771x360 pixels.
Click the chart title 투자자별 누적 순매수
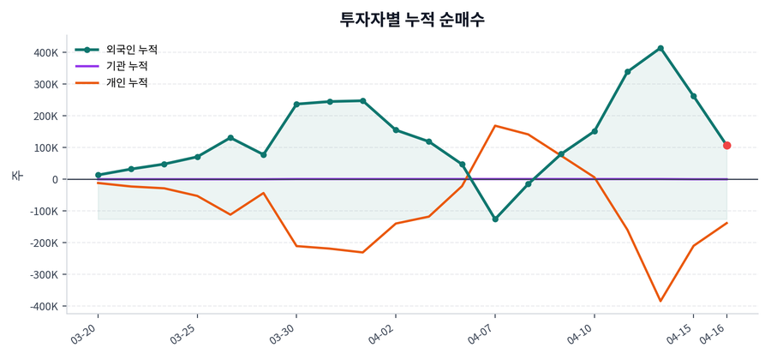412,19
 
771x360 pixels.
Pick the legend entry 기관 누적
126,66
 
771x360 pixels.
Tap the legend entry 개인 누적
126,83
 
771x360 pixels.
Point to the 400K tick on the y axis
45,52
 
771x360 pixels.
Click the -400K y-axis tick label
44,306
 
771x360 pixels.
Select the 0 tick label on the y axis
54,179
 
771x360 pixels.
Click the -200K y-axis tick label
44,243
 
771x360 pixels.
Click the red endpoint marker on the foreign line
726,146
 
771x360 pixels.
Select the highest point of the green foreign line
660,48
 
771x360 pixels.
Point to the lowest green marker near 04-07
495,219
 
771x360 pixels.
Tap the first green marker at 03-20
99,175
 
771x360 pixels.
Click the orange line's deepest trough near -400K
660,301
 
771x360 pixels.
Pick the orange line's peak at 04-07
495,126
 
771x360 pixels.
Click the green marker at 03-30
296,105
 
